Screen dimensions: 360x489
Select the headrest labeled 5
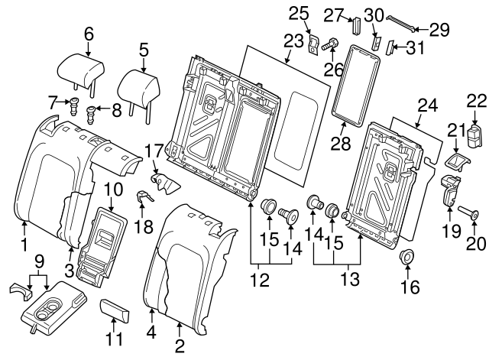(x=139, y=80)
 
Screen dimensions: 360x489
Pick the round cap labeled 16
(x=406, y=258)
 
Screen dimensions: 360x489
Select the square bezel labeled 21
(x=455, y=164)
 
